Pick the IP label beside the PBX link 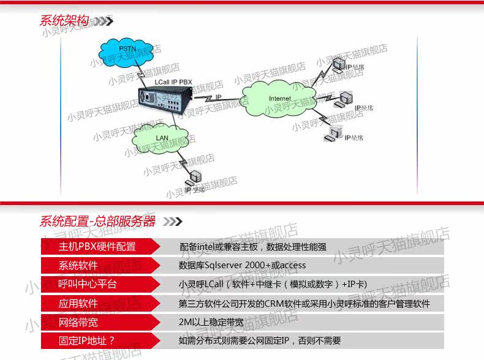click(218, 97)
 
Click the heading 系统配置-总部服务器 click(98, 221)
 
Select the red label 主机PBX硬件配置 click(97, 247)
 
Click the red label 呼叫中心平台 click(87, 285)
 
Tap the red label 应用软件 click(78, 304)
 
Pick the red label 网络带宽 click(78, 322)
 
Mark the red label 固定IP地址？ click(87, 341)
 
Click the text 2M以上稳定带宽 click(210, 322)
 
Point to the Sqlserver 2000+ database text click(242, 266)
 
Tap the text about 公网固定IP click(260, 341)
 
